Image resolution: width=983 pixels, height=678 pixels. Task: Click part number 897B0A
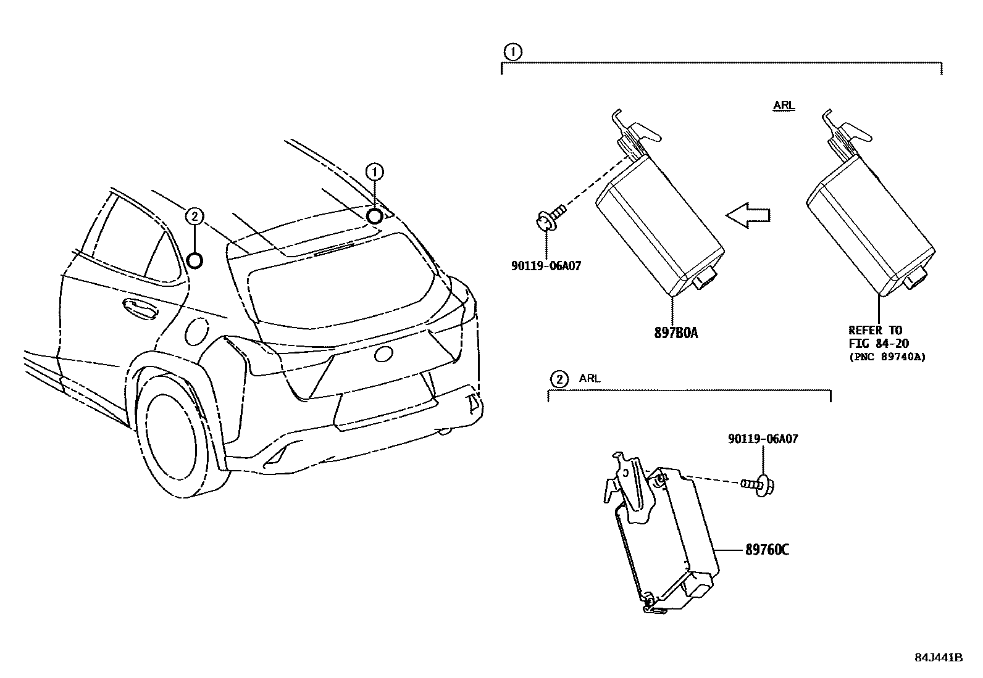[676, 333]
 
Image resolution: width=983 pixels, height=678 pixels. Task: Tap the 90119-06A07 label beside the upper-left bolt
[546, 267]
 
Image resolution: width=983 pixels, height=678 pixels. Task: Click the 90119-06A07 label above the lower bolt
[763, 439]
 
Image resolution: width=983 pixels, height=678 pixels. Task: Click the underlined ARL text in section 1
[784, 106]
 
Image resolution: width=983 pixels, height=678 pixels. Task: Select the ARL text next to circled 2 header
[589, 379]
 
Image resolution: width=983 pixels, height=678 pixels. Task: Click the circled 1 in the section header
[512, 52]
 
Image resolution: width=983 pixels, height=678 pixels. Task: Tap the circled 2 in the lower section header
[558, 379]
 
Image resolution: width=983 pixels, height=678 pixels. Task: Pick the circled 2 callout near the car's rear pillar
[194, 216]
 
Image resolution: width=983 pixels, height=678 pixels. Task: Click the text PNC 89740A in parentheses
[887, 357]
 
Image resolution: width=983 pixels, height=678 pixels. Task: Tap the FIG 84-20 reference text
[877, 344]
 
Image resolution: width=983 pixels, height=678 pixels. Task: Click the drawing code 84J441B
[938, 658]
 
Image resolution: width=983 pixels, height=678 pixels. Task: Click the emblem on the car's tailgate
[383, 354]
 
